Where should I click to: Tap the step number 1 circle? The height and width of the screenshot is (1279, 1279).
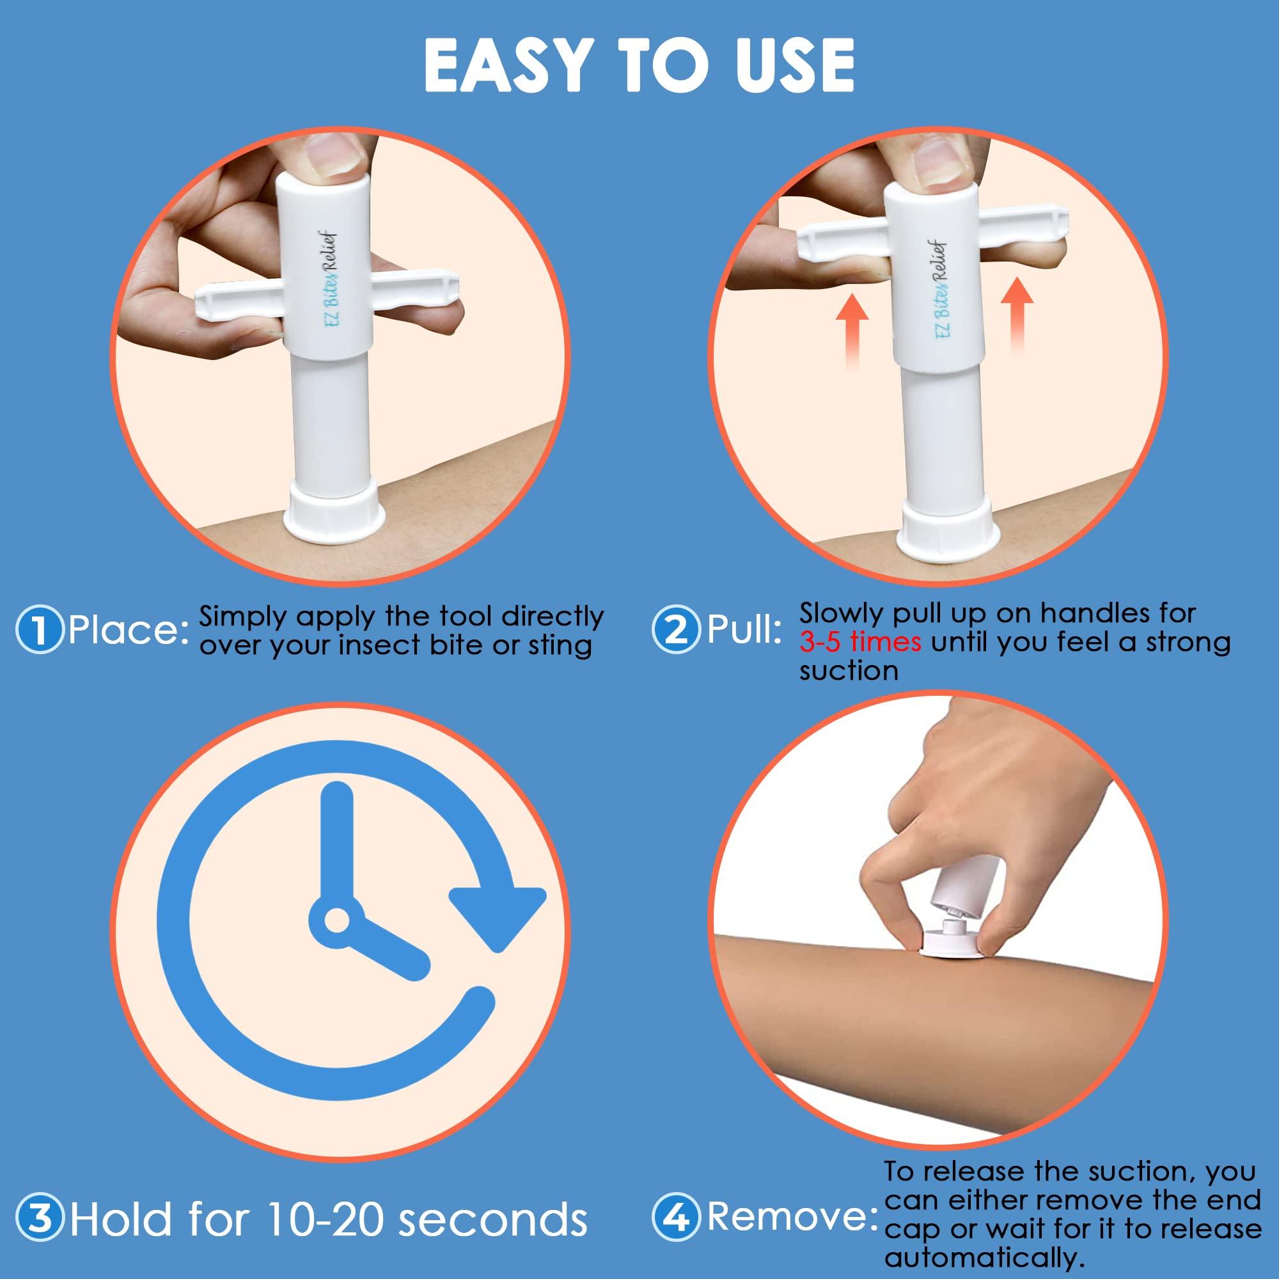click(x=40, y=631)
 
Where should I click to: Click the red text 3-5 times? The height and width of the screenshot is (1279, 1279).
click(x=860, y=642)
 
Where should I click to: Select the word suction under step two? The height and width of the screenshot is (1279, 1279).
click(x=848, y=671)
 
